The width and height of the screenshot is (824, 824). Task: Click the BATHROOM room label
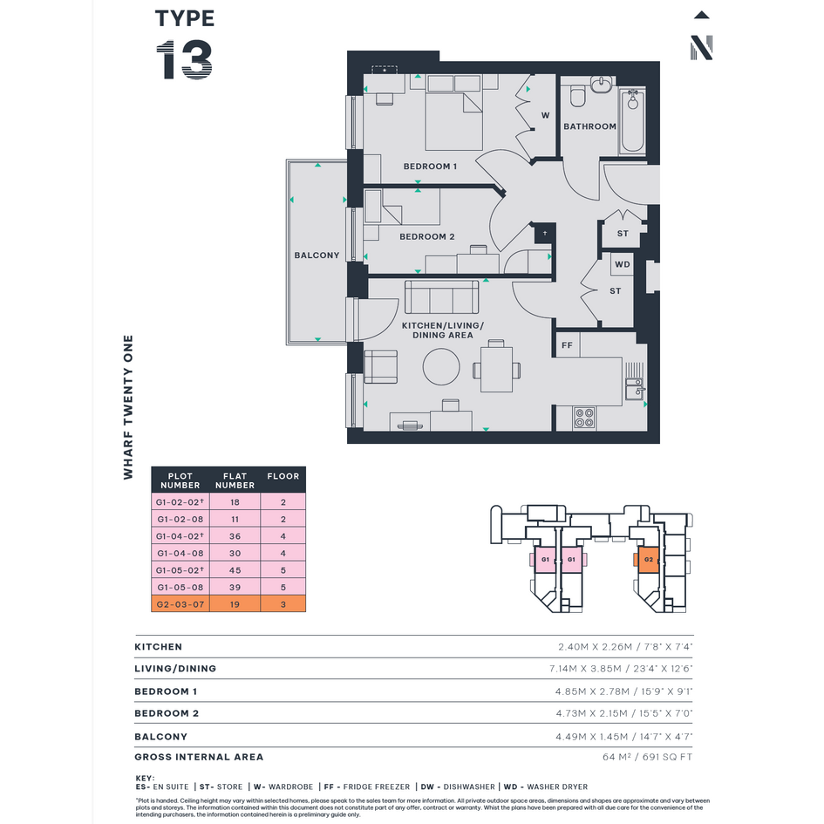pyautogui.click(x=589, y=126)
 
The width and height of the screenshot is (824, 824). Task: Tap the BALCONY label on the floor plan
pyautogui.click(x=317, y=255)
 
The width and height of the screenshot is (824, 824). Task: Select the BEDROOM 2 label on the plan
pyautogui.click(x=426, y=237)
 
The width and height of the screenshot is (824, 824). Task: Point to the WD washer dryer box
pyautogui.click(x=623, y=264)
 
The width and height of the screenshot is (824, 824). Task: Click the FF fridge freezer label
pyautogui.click(x=567, y=346)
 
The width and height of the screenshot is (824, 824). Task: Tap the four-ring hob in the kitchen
pyautogui.click(x=584, y=418)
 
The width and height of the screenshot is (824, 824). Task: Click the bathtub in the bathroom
pyautogui.click(x=633, y=121)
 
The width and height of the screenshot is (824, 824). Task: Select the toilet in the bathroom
pyautogui.click(x=577, y=96)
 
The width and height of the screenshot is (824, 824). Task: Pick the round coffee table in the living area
pyautogui.click(x=441, y=367)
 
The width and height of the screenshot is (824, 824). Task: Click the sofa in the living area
pyautogui.click(x=441, y=297)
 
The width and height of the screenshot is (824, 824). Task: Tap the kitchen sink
pyautogui.click(x=634, y=389)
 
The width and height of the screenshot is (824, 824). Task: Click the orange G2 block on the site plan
pyautogui.click(x=649, y=559)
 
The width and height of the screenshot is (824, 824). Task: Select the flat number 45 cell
pyautogui.click(x=235, y=570)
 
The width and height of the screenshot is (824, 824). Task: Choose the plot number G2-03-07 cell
pyautogui.click(x=180, y=604)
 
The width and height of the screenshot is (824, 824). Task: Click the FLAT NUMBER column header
pyautogui.click(x=235, y=480)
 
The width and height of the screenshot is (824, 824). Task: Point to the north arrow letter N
pyautogui.click(x=702, y=48)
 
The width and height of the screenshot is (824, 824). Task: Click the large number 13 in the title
pyautogui.click(x=185, y=60)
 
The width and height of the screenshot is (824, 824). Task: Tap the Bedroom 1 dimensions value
pyautogui.click(x=623, y=691)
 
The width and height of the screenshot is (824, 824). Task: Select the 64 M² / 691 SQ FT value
pyautogui.click(x=647, y=757)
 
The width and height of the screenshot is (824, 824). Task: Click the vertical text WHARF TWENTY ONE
pyautogui.click(x=128, y=407)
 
